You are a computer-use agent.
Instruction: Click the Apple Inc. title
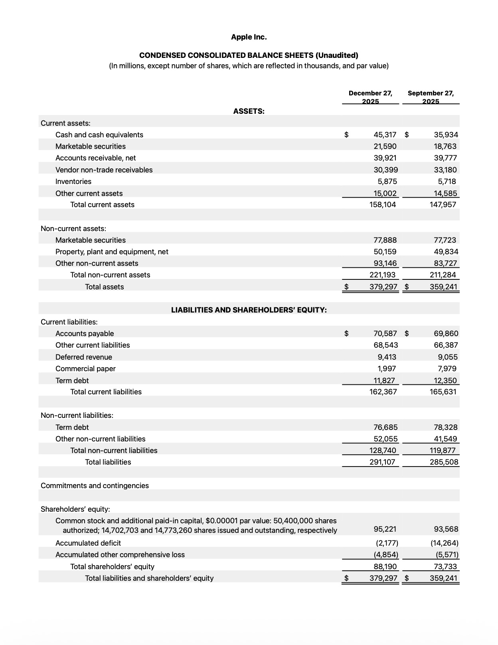(249, 37)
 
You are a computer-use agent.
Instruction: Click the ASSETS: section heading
(249, 111)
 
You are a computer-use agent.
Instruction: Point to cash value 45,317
(385, 135)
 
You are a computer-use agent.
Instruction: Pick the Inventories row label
(73, 182)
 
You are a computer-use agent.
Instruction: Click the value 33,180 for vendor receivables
(445, 170)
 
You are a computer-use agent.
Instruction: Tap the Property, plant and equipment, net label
(112, 252)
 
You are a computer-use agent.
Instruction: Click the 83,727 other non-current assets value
(445, 263)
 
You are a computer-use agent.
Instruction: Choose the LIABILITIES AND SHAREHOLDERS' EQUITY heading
(249, 310)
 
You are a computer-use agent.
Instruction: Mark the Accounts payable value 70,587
(385, 334)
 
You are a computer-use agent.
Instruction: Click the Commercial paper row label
(85, 369)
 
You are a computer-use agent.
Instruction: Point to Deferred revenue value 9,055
(447, 357)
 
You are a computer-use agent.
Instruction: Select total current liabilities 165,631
(443, 392)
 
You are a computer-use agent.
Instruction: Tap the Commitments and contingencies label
(95, 486)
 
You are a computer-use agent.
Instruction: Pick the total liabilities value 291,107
(382, 462)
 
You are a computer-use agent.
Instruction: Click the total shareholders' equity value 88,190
(385, 567)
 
